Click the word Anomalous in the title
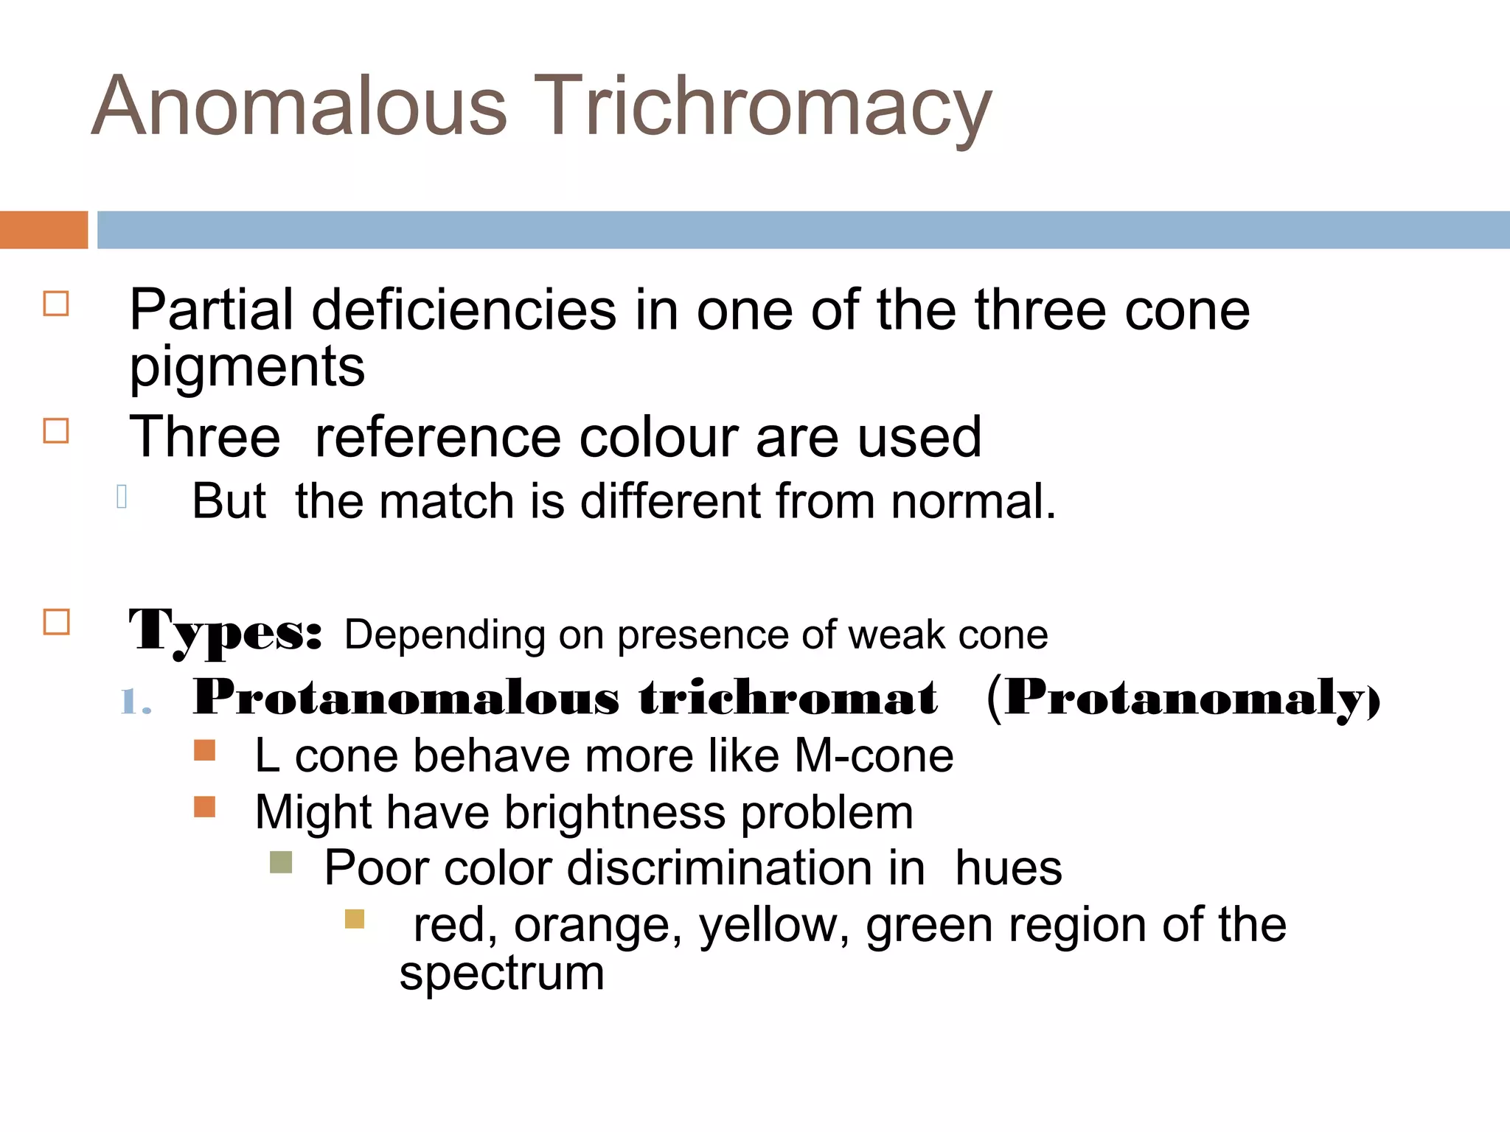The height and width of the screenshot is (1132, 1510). pyautogui.click(x=299, y=106)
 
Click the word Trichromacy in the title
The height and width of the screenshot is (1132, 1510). pyautogui.click(x=762, y=108)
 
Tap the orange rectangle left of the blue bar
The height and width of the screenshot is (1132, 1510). pyautogui.click(x=44, y=230)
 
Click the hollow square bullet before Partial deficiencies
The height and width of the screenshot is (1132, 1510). pyautogui.click(x=56, y=304)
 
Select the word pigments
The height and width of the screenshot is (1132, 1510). pyautogui.click(x=247, y=366)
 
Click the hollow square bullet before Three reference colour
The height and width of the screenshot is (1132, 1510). pyautogui.click(x=56, y=430)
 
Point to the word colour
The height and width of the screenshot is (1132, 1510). pyautogui.click(x=659, y=437)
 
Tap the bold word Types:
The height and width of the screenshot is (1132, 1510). pyautogui.click(x=225, y=632)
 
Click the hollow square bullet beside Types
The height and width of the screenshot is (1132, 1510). pyautogui.click(x=57, y=622)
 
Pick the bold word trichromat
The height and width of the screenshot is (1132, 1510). pyautogui.click(x=788, y=697)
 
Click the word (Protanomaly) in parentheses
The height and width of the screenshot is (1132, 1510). pyautogui.click(x=1183, y=697)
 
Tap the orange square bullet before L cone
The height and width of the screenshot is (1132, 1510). pyautogui.click(x=204, y=750)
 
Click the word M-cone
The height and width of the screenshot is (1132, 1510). pyautogui.click(x=874, y=756)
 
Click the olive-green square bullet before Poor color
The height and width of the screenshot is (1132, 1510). pyautogui.click(x=281, y=862)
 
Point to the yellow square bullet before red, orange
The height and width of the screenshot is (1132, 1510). pyautogui.click(x=355, y=919)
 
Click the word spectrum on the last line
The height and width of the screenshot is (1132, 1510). pyautogui.click(x=501, y=974)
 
